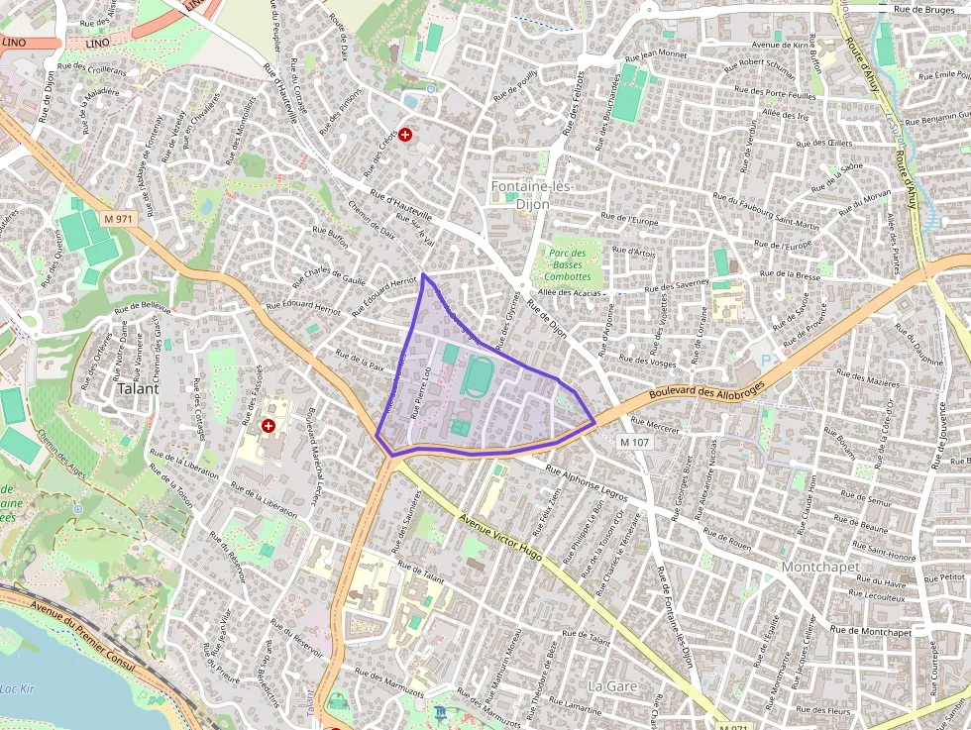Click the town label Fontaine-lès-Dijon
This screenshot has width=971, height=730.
[x=532, y=194]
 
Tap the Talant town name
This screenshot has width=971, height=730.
[x=138, y=388]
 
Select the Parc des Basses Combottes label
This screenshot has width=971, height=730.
[x=567, y=264]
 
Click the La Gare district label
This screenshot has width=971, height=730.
[x=613, y=685]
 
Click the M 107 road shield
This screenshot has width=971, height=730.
[x=636, y=442]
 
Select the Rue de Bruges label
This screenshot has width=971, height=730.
[x=922, y=9]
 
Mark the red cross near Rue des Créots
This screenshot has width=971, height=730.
[x=405, y=134]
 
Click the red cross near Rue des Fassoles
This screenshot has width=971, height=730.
[x=268, y=426]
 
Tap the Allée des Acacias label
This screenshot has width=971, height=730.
[x=570, y=293]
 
